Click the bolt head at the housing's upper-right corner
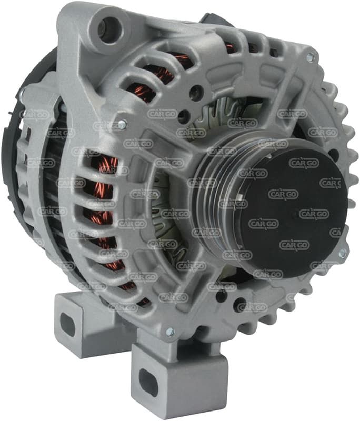311,57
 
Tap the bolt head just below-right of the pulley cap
342,253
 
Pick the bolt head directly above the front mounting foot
169,332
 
